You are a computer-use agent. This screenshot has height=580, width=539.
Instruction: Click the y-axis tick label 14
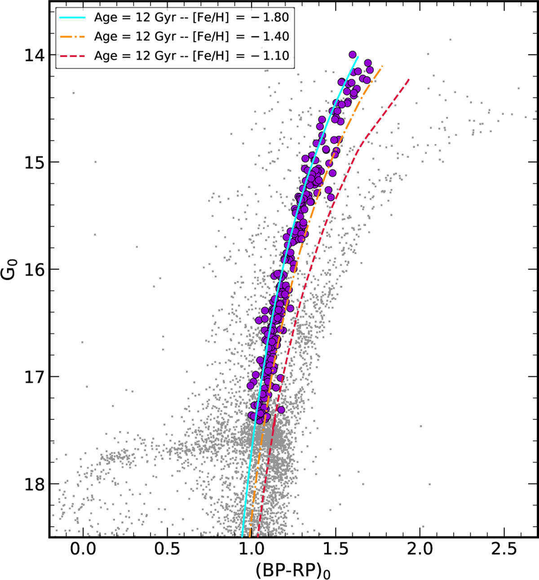[35, 55]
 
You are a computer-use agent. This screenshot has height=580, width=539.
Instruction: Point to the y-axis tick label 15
[35, 162]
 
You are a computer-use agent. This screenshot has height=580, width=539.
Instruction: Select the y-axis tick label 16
[35, 270]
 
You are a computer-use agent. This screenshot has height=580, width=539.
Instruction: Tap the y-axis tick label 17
[35, 377]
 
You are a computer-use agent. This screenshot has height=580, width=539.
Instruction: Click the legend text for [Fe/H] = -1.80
[191, 17]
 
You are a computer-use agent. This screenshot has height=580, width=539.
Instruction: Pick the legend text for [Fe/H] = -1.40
[191, 36]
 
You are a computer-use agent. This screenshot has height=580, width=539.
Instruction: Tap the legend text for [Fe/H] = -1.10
[191, 56]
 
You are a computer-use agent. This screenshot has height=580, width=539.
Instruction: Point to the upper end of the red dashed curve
[409, 79]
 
